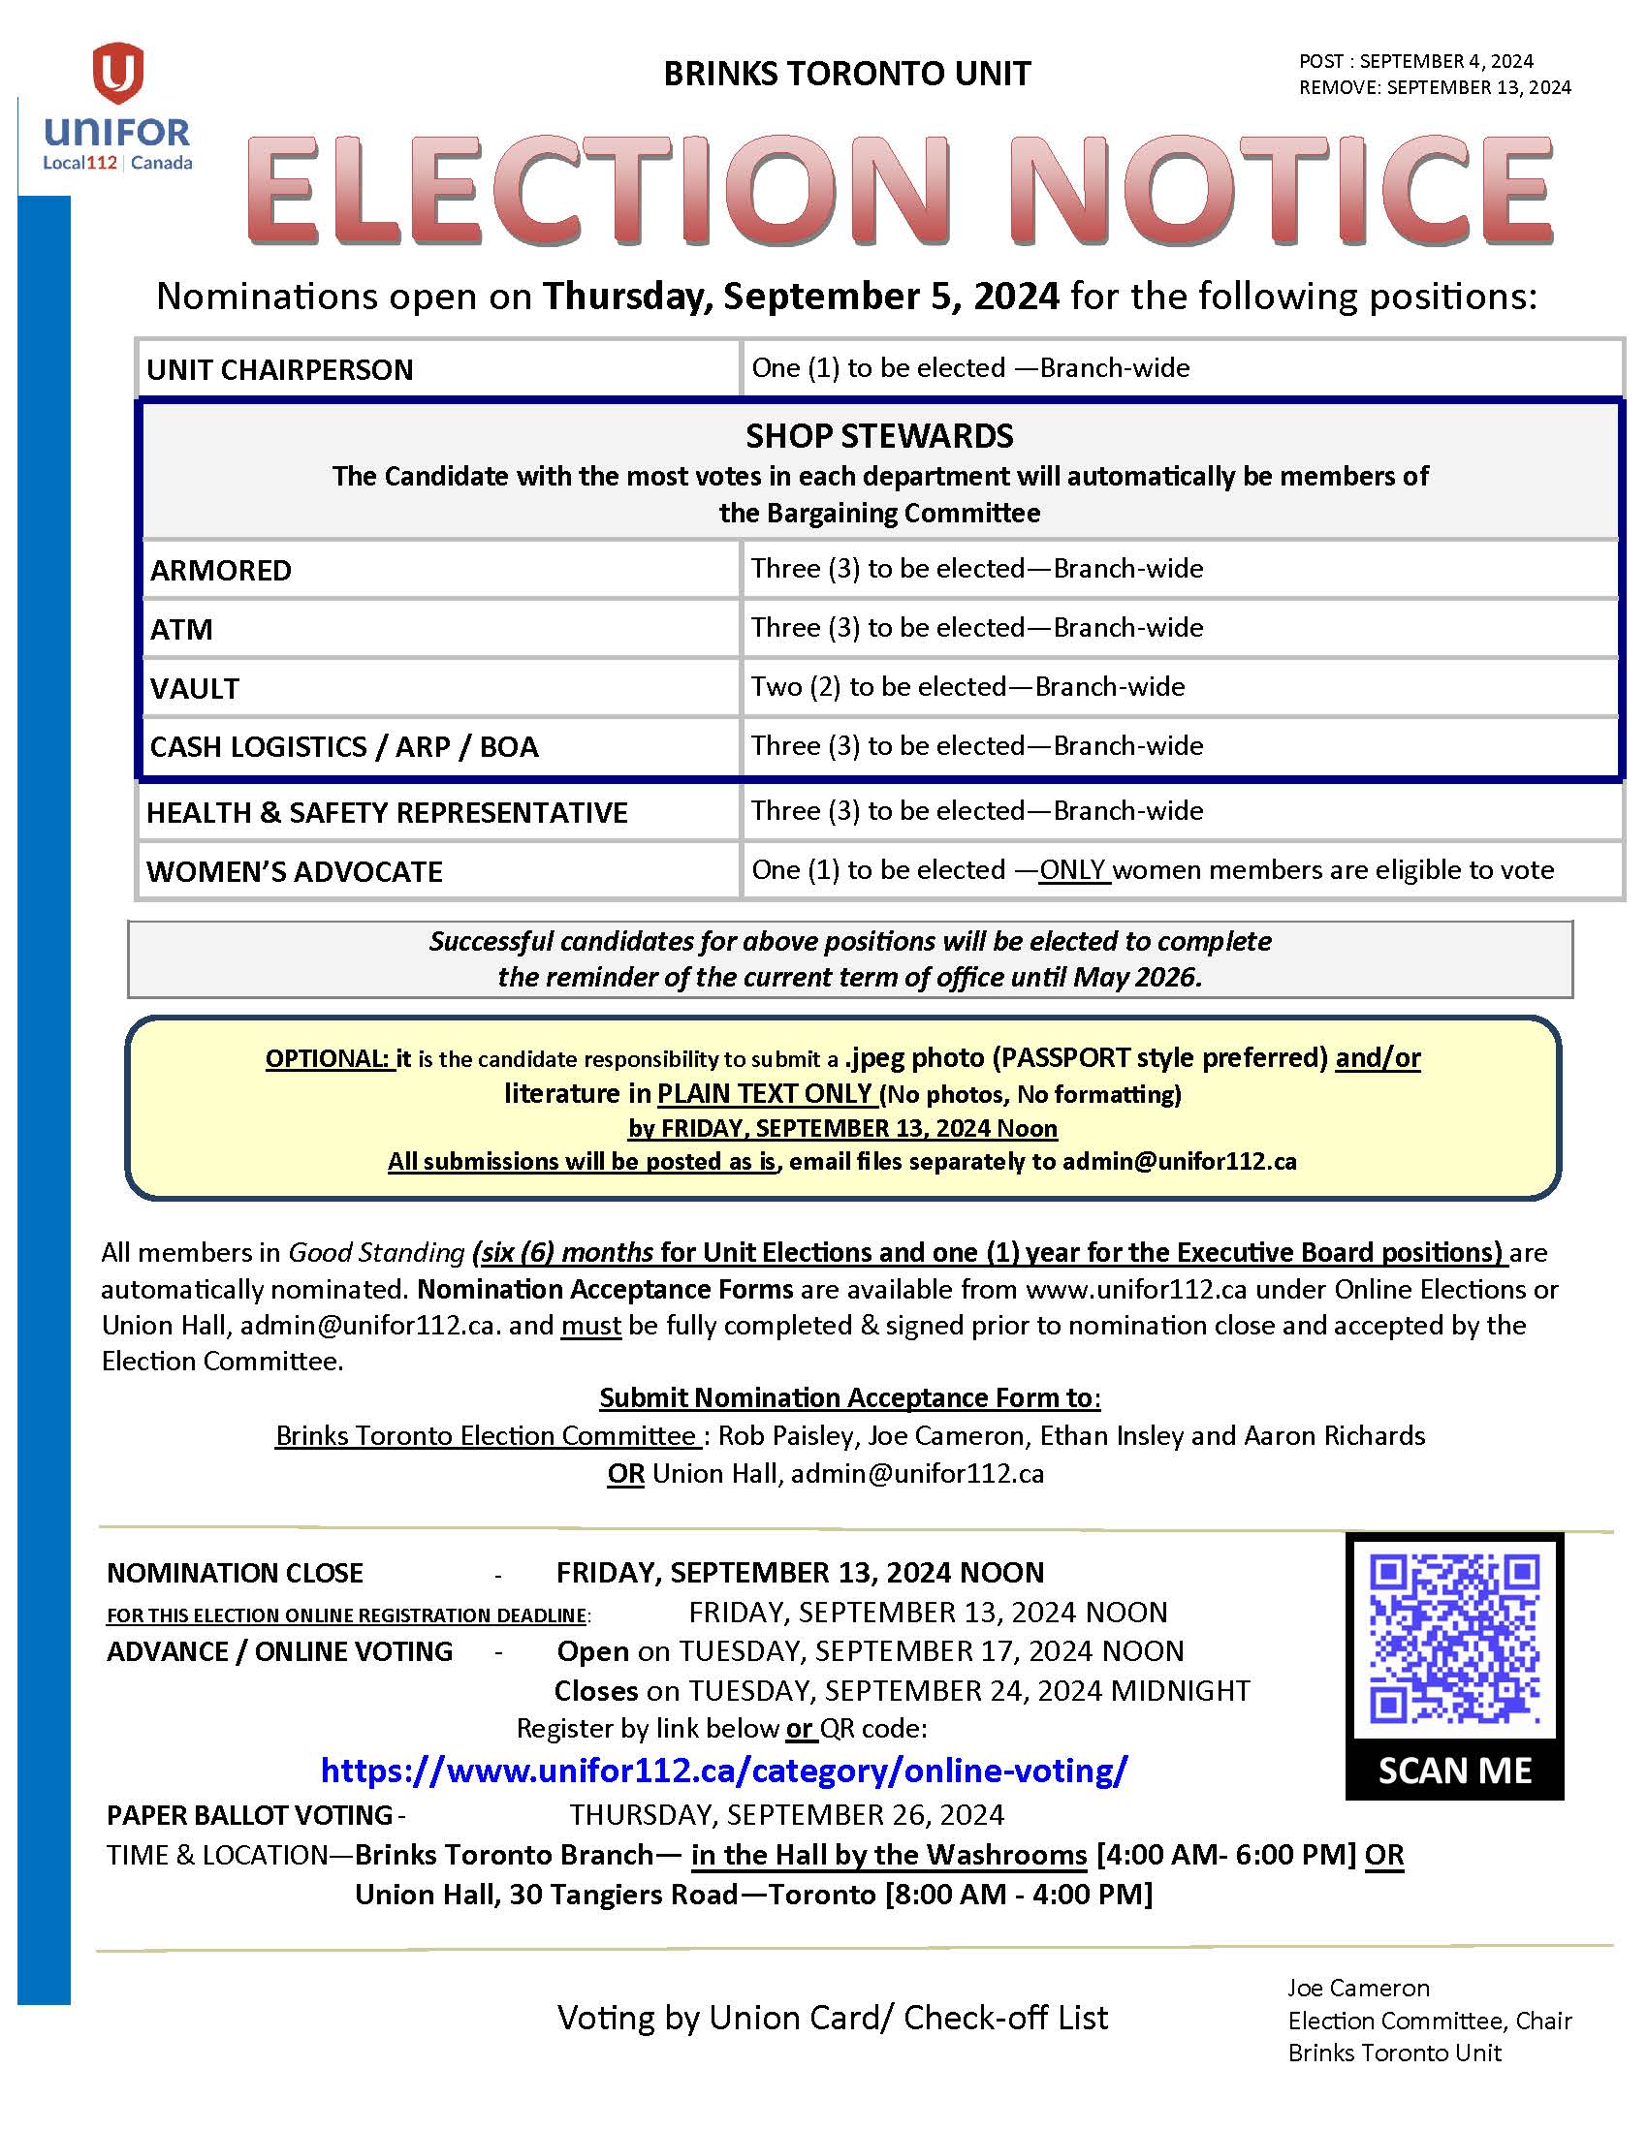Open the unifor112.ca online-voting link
(x=723, y=1770)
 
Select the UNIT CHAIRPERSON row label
(x=280, y=370)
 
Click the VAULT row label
(x=194, y=688)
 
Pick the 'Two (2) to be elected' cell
(x=967, y=686)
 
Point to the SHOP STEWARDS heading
(x=878, y=435)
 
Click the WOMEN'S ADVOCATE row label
(x=294, y=871)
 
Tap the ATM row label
(x=181, y=630)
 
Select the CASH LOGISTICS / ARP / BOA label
(x=344, y=747)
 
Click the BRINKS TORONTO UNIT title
(x=846, y=75)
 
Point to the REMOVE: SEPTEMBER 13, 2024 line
(x=1434, y=88)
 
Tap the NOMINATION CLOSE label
(x=235, y=1573)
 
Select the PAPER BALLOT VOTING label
(x=250, y=1815)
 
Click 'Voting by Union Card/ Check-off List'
(x=832, y=2017)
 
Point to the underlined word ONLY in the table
(x=1072, y=870)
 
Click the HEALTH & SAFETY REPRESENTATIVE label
(x=387, y=812)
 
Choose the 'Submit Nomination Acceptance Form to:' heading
(x=849, y=1397)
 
